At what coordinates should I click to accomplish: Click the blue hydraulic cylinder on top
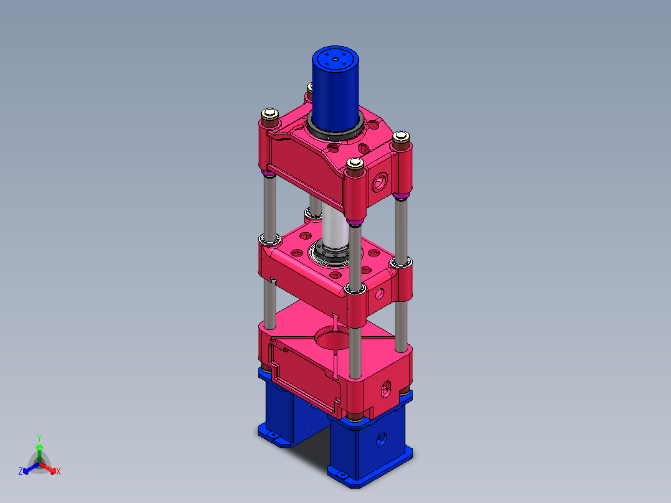336,90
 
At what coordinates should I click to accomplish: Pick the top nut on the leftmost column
270,114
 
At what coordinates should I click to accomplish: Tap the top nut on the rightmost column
401,136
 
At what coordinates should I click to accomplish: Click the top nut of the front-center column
355,164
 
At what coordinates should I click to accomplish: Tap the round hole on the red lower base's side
385,390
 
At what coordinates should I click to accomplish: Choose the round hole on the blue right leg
380,440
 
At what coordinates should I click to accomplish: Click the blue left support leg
277,411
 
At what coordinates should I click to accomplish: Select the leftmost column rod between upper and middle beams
269,205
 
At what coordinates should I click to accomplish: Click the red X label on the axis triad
59,472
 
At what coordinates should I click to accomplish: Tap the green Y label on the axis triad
39,438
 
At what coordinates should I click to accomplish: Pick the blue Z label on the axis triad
21,471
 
